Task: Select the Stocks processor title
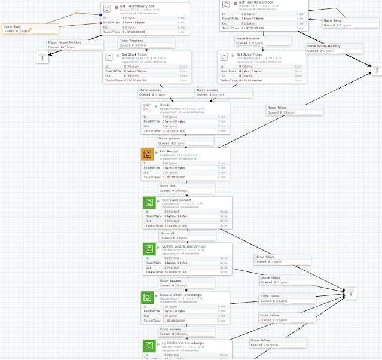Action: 166,106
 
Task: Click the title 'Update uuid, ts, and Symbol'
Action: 184,246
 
